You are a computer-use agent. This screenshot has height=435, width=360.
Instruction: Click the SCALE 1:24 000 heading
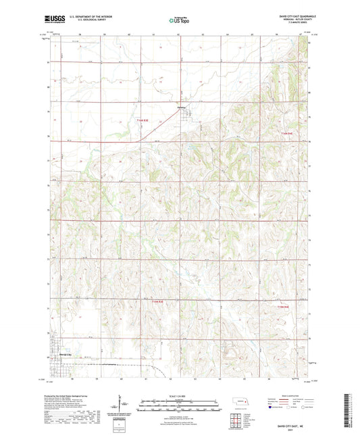pos(179,396)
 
